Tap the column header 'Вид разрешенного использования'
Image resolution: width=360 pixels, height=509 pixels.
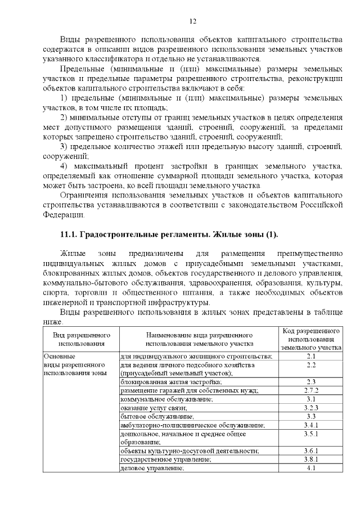pyautogui.click(x=81, y=339)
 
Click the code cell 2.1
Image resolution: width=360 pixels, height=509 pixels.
pyautogui.click(x=311, y=357)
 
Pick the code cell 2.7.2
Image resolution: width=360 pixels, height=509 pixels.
pyautogui.click(x=311, y=390)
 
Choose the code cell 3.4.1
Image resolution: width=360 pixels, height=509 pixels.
pyautogui.click(x=311, y=425)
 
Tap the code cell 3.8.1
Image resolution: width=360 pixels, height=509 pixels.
pyautogui.click(x=311, y=459)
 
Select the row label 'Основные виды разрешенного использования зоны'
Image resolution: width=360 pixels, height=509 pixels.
pyautogui.click(x=75, y=365)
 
